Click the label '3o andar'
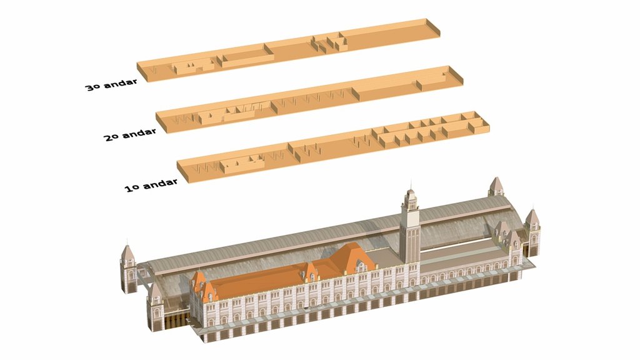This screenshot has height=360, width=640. click(x=111, y=84)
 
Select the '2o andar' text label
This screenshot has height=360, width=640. click(x=130, y=134)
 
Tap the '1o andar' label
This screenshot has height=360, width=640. click(x=151, y=184)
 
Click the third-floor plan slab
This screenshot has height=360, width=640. click(x=288, y=50)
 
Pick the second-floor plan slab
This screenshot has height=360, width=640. click(x=309, y=99)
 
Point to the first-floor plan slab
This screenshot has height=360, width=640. click(x=333, y=147)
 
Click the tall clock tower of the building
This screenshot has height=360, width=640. click(x=410, y=226)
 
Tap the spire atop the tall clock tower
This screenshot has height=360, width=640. click(x=411, y=184)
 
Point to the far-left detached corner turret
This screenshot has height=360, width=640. click(x=129, y=269)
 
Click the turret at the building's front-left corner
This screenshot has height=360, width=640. click(x=155, y=306)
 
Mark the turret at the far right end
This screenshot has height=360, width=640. click(x=532, y=232)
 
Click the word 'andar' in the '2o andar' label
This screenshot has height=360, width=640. click(x=139, y=133)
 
